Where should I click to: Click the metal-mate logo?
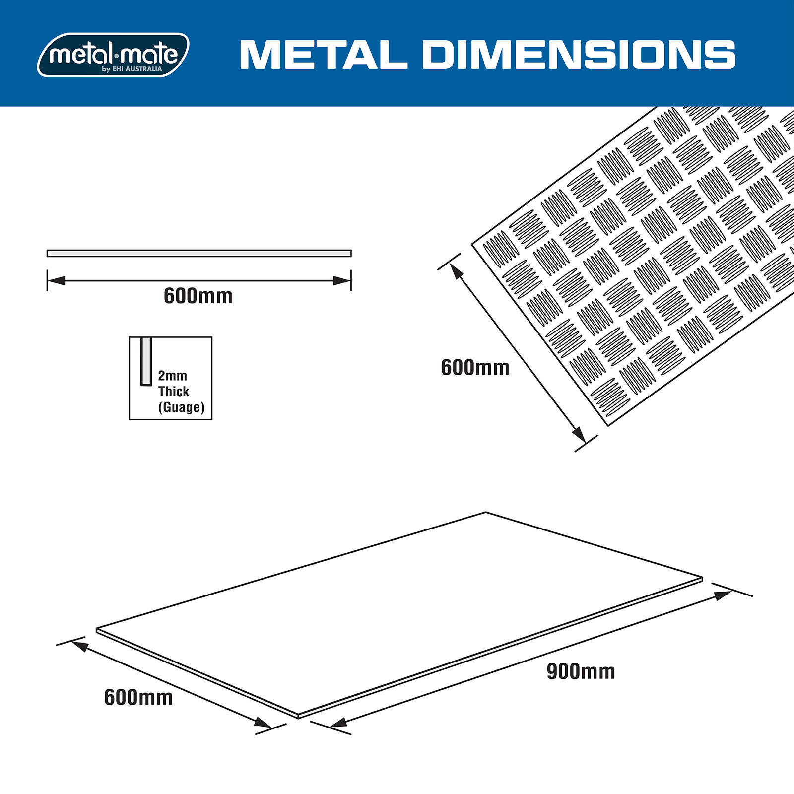coord(113,55)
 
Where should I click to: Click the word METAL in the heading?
coord(323,55)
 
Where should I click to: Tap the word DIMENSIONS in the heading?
coord(579,55)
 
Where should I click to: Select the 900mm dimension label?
coord(581,671)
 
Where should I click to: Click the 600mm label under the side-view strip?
coord(198,296)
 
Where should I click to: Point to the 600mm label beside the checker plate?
coord(475,368)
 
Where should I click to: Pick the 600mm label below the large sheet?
coord(138,697)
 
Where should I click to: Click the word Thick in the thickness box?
coord(174,392)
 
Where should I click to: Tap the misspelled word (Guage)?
coord(181,407)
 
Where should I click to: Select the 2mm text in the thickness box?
coord(172,376)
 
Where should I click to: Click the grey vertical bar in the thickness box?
coord(146,361)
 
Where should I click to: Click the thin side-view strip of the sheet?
coord(199,253)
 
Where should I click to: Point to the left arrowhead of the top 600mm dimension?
coord(56,281)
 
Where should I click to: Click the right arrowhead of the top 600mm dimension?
coord(342,281)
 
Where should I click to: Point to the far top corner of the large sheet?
coord(485,513)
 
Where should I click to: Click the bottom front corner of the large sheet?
coord(298,716)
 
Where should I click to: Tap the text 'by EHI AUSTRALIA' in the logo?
coord(132,69)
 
